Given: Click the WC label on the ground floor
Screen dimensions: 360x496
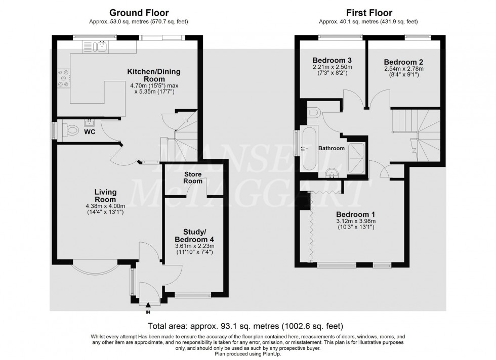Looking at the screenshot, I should click(x=90, y=132).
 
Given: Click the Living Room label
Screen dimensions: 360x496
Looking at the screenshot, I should click(x=105, y=195).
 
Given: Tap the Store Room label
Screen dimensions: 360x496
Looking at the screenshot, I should click(x=193, y=177).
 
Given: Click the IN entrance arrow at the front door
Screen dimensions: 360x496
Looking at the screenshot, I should click(x=148, y=306).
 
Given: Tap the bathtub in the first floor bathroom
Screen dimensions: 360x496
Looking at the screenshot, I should click(x=309, y=149).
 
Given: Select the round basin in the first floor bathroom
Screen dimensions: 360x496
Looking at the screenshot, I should click(x=332, y=173).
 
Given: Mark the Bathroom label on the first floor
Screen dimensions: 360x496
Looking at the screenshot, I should click(x=332, y=149).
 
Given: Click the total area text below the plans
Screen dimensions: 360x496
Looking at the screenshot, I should click(x=245, y=325).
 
